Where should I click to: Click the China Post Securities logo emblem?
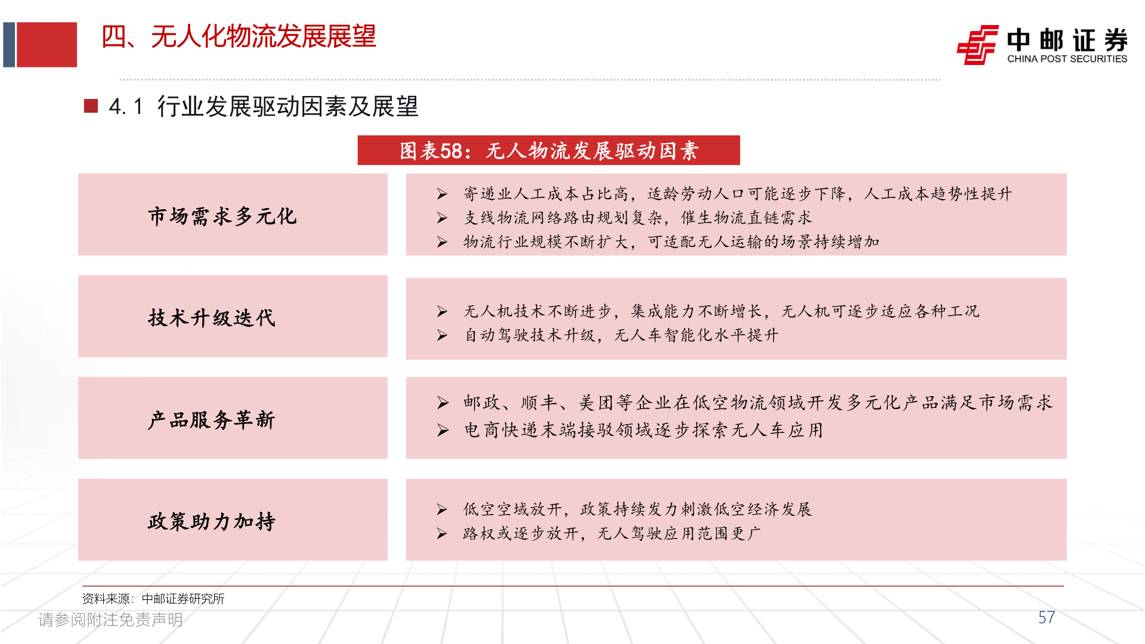[x=977, y=44]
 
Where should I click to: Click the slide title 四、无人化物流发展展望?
[x=239, y=37]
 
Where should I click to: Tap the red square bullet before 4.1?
[x=91, y=106]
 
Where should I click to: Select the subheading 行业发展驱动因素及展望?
[x=287, y=107]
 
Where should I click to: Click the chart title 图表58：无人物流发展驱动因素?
[x=549, y=151]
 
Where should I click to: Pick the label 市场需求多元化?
[x=222, y=216]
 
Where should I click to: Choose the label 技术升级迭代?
[x=212, y=318]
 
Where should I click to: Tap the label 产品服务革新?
[x=212, y=420]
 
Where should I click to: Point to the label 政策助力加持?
[x=212, y=521]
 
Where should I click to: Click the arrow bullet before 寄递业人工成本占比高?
[x=442, y=194]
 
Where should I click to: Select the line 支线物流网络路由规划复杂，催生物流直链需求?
[x=638, y=218]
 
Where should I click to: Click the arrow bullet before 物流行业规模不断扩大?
[x=442, y=242]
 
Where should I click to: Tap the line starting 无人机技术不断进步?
[x=721, y=311]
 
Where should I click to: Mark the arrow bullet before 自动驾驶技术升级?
[x=442, y=335]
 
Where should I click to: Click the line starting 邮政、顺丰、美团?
[x=757, y=403]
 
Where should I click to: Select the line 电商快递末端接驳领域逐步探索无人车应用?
[x=643, y=430]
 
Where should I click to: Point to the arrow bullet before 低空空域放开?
[x=442, y=509]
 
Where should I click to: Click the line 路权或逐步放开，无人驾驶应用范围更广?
[x=611, y=533]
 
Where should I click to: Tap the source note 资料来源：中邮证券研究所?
[x=153, y=599]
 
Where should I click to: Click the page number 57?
[x=1046, y=618]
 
